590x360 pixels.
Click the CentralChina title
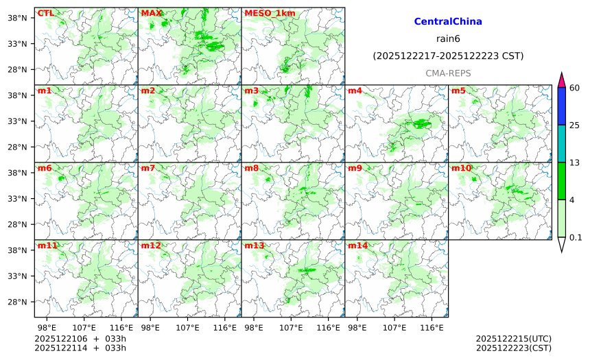coord(448,22)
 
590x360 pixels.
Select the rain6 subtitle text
coord(448,38)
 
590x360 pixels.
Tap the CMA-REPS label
coord(448,73)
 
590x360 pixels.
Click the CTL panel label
coord(45,13)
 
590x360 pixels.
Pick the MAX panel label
coord(151,13)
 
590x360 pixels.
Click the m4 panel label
coord(355,91)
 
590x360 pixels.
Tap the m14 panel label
coord(357,245)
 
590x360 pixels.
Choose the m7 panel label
coord(147,168)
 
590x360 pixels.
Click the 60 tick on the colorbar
coord(575,87)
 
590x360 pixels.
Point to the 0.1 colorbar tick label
coord(576,238)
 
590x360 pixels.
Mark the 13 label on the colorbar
coord(575,163)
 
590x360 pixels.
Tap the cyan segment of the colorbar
coord(562,143)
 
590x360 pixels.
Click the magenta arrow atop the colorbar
coord(562,80)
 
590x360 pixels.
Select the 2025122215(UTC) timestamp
coord(513,339)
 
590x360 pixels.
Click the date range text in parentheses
coord(448,56)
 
